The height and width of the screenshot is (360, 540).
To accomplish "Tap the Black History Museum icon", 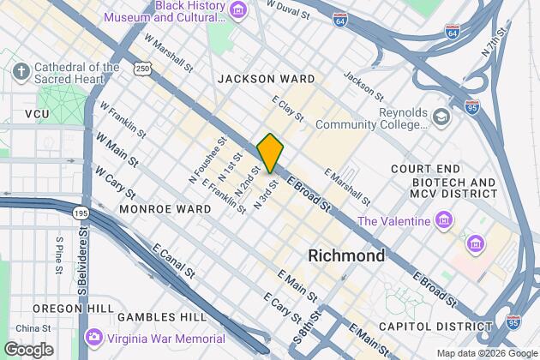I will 237,11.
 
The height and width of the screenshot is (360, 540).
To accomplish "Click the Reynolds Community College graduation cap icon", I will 441,117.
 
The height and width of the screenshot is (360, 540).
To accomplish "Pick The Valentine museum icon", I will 444,222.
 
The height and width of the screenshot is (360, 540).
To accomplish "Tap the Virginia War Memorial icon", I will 94,338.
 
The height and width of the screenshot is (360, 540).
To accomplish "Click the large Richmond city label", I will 345,255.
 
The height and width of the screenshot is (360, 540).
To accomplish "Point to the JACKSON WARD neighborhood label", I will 266,79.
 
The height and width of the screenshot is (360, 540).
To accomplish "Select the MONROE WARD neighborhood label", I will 165,208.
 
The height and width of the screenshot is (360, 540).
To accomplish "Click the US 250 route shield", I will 141,68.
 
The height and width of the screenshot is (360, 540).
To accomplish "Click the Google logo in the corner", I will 27,349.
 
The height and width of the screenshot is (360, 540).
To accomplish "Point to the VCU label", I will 37,114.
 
